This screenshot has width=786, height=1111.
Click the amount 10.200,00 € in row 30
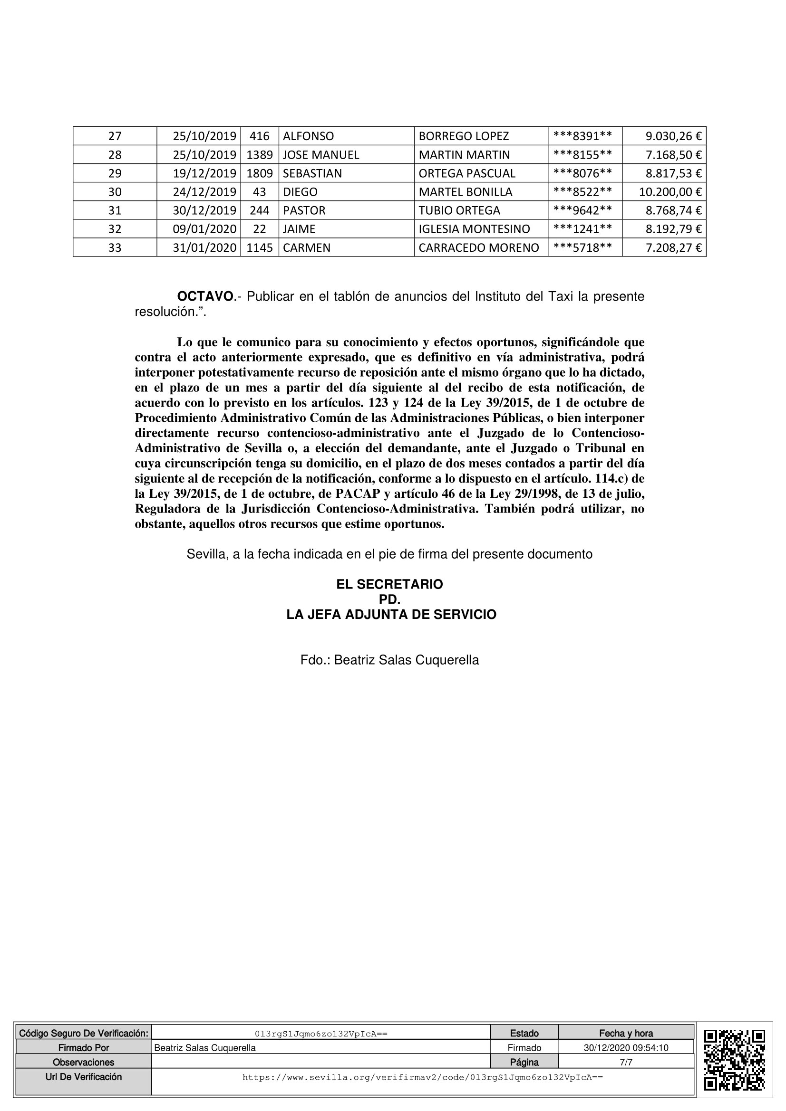[x=670, y=192]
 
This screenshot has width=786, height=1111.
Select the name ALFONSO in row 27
[x=308, y=136]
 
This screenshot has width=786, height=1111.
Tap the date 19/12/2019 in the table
[x=204, y=173]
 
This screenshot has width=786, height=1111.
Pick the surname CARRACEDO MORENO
[x=478, y=248]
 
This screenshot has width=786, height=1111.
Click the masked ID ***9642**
[x=582, y=210]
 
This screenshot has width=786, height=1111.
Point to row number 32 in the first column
[x=115, y=229]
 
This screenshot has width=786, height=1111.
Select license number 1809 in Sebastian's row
[x=260, y=173]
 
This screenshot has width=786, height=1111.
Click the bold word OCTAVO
[x=205, y=296]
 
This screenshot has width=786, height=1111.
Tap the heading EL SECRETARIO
[x=389, y=585]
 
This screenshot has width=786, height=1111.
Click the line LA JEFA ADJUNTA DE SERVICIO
[x=391, y=615]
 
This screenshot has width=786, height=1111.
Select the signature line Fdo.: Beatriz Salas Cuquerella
[x=389, y=660]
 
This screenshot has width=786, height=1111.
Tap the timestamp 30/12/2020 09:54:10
[x=626, y=1048]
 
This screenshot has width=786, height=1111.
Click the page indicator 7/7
[x=626, y=1062]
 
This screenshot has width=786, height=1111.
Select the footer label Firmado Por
[x=84, y=1048]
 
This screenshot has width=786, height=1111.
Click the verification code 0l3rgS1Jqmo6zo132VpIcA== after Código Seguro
[x=320, y=1034]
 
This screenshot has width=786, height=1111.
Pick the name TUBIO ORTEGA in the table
[x=459, y=210]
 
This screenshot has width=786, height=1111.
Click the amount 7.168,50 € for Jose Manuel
[x=673, y=155]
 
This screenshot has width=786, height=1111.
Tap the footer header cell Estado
[x=524, y=1033]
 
